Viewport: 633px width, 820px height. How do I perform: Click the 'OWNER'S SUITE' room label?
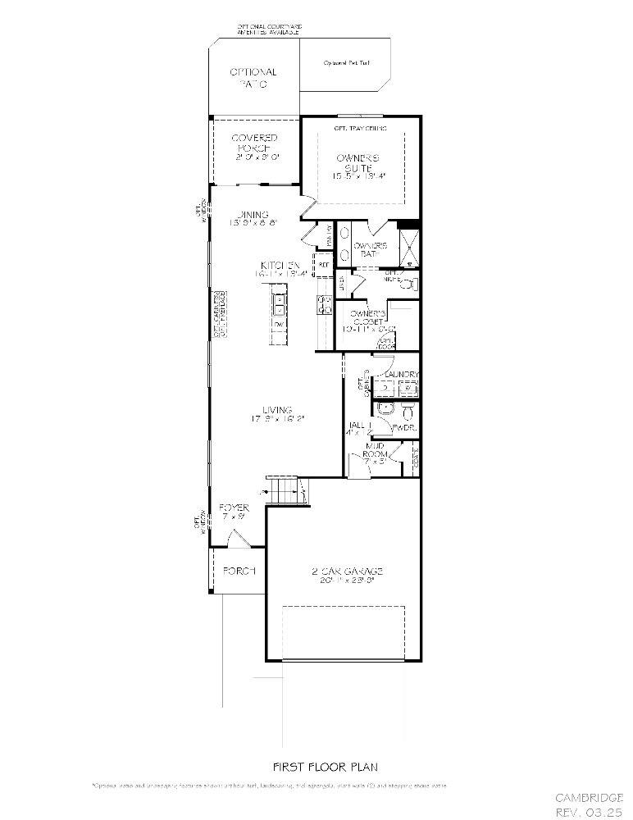point(359,166)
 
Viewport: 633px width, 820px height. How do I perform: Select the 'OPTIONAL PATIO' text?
point(253,78)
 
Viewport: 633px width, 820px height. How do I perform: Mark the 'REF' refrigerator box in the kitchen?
point(324,265)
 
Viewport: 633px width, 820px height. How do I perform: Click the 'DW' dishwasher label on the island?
point(280,326)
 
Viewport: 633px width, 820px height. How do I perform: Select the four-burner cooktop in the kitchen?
point(324,305)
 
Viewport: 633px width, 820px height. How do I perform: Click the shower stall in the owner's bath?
point(408,246)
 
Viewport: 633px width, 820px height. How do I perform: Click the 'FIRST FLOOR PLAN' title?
point(325,767)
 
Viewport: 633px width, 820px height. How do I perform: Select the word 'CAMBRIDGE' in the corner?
point(589,797)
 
